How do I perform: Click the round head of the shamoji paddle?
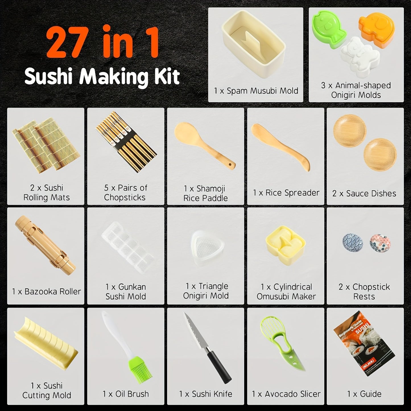[185, 132]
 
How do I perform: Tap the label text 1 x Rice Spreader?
[286, 193]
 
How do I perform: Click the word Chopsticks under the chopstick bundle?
[125, 197]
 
